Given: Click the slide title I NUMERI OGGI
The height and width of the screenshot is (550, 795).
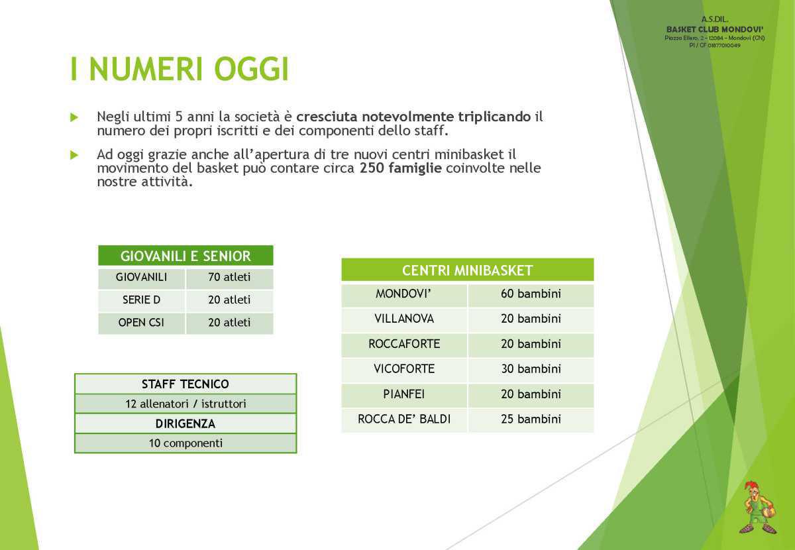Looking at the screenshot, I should tap(180, 70).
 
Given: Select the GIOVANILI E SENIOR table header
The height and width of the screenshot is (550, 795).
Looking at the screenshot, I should tap(185, 256).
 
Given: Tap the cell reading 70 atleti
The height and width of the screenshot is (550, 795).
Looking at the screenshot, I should tap(229, 277).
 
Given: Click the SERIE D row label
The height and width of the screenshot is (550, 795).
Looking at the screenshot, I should tap(141, 300).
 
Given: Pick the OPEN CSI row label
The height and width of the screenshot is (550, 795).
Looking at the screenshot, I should tap(141, 323).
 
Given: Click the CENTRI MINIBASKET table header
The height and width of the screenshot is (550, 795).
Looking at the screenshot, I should tap(467, 270).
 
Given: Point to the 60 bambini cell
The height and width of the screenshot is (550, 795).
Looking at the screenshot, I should tap(531, 294).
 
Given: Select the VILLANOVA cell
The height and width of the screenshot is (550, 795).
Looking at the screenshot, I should tap(404, 319).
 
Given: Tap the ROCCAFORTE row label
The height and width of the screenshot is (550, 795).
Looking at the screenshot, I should tap(404, 344).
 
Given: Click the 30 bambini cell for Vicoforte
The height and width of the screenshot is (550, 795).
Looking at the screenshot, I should tap(531, 369).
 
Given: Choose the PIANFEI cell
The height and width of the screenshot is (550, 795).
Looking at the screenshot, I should tap(404, 394).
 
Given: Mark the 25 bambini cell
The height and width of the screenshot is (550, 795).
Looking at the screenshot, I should tap(531, 419).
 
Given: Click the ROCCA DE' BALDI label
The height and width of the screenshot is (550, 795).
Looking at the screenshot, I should tap(404, 419).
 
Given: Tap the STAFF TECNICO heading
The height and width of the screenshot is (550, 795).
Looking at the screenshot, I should tap(185, 384).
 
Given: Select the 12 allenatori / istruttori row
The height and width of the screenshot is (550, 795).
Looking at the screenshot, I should tap(185, 404).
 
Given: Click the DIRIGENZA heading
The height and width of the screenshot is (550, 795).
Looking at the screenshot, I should tap(185, 423).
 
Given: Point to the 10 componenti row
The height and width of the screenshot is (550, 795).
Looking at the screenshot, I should tap(185, 443).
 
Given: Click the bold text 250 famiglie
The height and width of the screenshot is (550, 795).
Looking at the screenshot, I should tap(401, 168).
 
